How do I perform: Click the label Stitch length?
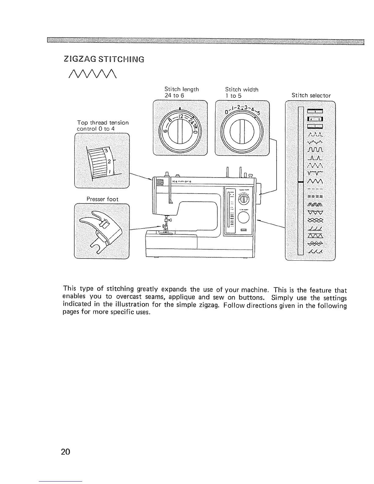point(182,89)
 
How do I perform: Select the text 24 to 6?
point(174,95)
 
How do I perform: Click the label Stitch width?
point(242,89)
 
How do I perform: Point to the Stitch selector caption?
point(311,95)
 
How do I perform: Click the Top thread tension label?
point(103,123)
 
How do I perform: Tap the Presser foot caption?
point(102,199)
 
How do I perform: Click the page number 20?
point(66,452)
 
